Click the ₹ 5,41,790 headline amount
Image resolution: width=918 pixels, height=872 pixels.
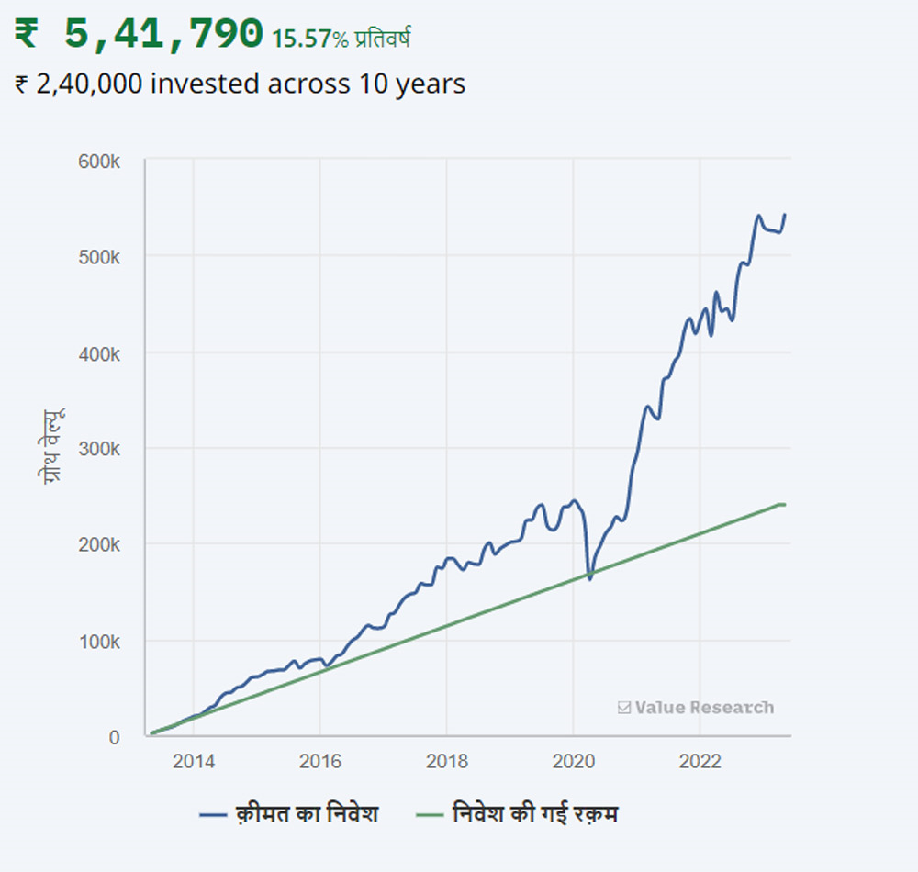click(139, 34)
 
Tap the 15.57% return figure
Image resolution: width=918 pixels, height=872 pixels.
click(308, 39)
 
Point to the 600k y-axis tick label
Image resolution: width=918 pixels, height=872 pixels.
click(99, 161)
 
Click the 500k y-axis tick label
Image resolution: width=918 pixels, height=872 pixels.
click(99, 256)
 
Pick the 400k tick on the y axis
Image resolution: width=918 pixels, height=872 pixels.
click(99, 352)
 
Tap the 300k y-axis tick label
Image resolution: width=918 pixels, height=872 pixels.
click(99, 449)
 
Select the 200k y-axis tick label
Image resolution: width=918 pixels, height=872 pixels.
click(99, 545)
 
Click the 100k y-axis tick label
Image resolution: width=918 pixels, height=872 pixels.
click(99, 641)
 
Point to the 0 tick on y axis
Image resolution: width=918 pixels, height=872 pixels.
click(114, 737)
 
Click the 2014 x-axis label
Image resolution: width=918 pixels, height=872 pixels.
click(194, 762)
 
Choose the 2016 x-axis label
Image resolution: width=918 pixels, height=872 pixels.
click(319, 762)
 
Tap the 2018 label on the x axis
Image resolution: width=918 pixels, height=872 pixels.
click(446, 762)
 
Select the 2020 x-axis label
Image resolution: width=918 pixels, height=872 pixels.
click(572, 762)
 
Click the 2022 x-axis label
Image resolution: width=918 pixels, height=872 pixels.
click(700, 762)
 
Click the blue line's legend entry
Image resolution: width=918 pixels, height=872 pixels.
click(288, 814)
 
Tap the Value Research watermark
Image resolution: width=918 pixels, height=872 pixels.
click(696, 708)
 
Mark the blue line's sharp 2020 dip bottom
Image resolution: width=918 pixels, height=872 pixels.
click(589, 578)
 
